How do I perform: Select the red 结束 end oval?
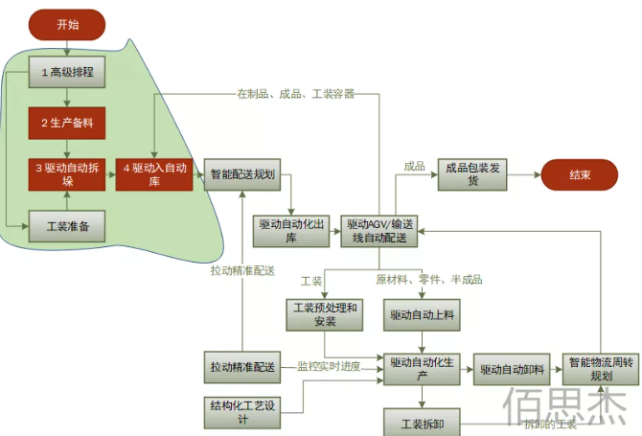(579, 174)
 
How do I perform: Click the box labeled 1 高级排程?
(66, 73)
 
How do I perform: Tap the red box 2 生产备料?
(66, 124)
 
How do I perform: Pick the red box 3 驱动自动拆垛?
(66, 174)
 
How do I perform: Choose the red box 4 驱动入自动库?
(154, 174)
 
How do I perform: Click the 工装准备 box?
(66, 226)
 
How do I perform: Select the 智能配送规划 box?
(242, 174)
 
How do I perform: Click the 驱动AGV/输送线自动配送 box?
(379, 231)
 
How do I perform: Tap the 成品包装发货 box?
(472, 174)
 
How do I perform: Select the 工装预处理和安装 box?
(324, 313)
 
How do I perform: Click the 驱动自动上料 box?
(422, 313)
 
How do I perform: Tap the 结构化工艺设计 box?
(241, 412)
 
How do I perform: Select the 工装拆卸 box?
(422, 422)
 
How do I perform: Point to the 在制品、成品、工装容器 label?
(295, 94)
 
